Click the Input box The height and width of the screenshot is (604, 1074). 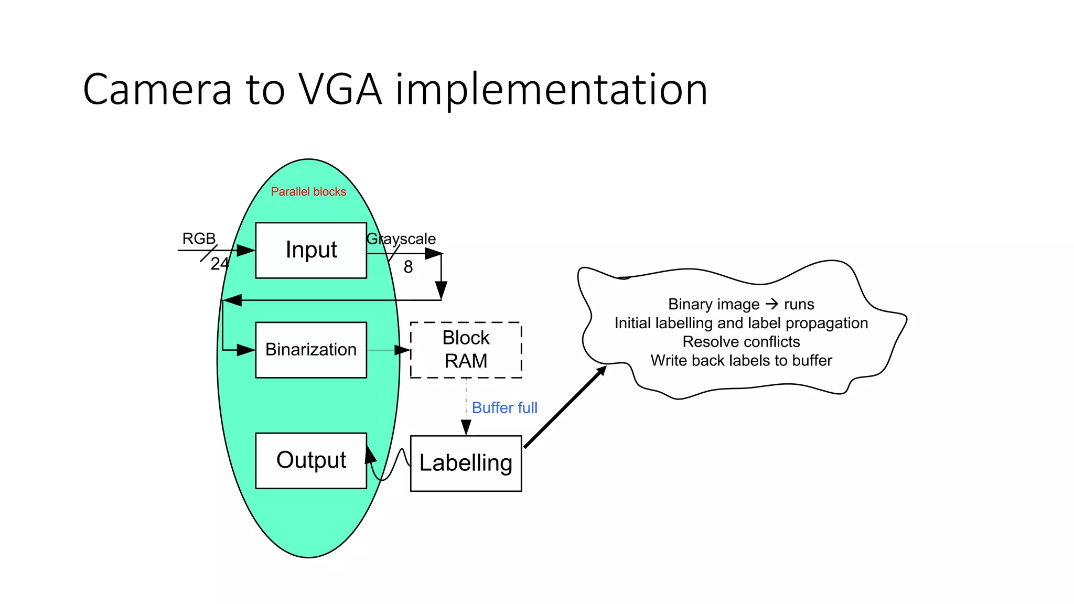point(311,250)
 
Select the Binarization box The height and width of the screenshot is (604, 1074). point(311,350)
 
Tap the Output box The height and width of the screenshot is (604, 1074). point(311,460)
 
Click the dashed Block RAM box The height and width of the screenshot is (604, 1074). point(466,350)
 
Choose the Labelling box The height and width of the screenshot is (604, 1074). point(466,463)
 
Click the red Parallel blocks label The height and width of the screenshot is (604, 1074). point(308,192)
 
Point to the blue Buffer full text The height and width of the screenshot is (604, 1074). point(504,408)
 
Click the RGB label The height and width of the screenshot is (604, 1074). point(199,239)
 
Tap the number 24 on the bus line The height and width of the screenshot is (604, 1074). point(220,264)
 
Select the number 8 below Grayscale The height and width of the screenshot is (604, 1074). point(408,267)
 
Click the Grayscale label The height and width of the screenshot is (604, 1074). point(401,239)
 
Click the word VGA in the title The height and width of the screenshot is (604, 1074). point(340,90)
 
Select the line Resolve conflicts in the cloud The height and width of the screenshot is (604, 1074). point(741,342)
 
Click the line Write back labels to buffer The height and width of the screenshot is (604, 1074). point(741,361)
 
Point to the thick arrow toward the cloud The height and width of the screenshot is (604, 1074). point(565,407)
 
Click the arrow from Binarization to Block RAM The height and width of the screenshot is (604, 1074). point(388,350)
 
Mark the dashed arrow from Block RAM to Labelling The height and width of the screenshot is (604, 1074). point(466,406)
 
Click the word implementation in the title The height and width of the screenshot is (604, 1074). point(552,90)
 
